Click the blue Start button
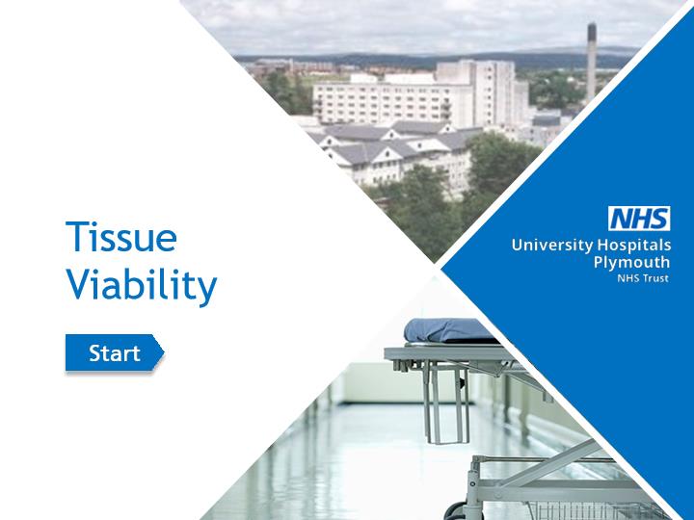pyautogui.click(x=115, y=352)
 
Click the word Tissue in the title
pyautogui.click(x=121, y=237)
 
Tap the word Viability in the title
pyautogui.click(x=142, y=285)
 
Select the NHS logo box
pyautogui.click(x=639, y=219)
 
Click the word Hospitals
pyautogui.click(x=634, y=246)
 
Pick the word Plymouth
pyautogui.click(x=631, y=263)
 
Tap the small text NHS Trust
pyautogui.click(x=643, y=278)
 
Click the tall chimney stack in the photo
pyautogui.click(x=591, y=62)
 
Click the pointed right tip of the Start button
pyautogui.click(x=164, y=352)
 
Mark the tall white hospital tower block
pyautogui.click(x=483, y=92)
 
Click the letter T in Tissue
pyautogui.click(x=76, y=236)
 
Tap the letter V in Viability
pyautogui.click(x=79, y=283)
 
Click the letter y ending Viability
pyautogui.click(x=207, y=290)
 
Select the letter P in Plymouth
pyautogui.click(x=599, y=262)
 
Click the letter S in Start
pyautogui.click(x=95, y=352)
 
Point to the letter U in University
pyautogui.click(x=518, y=245)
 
